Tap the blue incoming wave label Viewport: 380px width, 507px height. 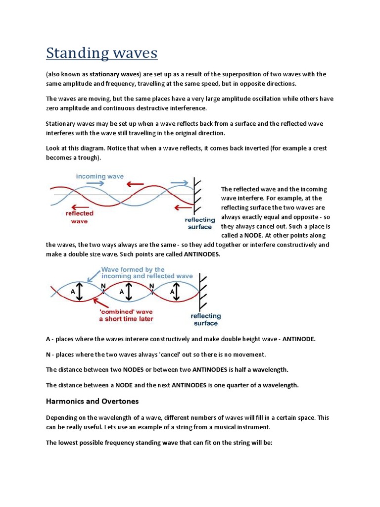coord(99,176)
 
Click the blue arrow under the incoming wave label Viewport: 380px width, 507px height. coord(97,184)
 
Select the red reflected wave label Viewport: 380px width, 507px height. coord(79,217)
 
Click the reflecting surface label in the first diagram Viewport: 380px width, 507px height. coord(199,223)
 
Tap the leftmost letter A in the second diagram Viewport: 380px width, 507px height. coord(73,292)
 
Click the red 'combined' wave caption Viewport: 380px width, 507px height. coord(126,315)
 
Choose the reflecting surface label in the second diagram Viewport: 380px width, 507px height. coord(206,319)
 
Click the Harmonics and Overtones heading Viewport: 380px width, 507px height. coord(93,401)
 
